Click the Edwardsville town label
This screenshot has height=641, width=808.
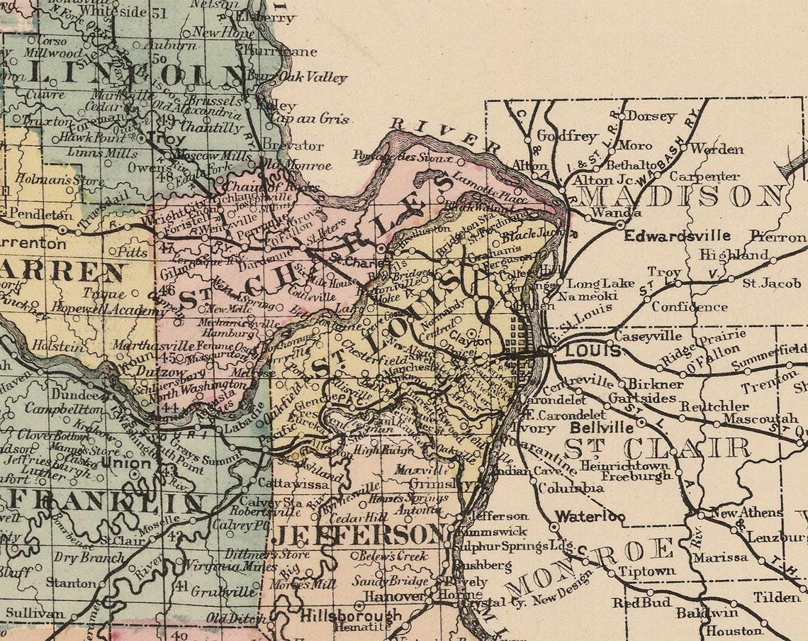click(677, 235)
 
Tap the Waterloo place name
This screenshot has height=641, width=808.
click(590, 516)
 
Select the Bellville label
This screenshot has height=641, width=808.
click(602, 428)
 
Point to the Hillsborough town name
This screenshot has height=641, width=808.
click(351, 615)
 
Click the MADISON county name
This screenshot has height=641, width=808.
click(680, 196)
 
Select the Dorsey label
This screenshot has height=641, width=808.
click(652, 117)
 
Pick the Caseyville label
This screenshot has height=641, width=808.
click(647, 335)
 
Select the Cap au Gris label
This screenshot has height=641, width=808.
click(310, 119)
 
